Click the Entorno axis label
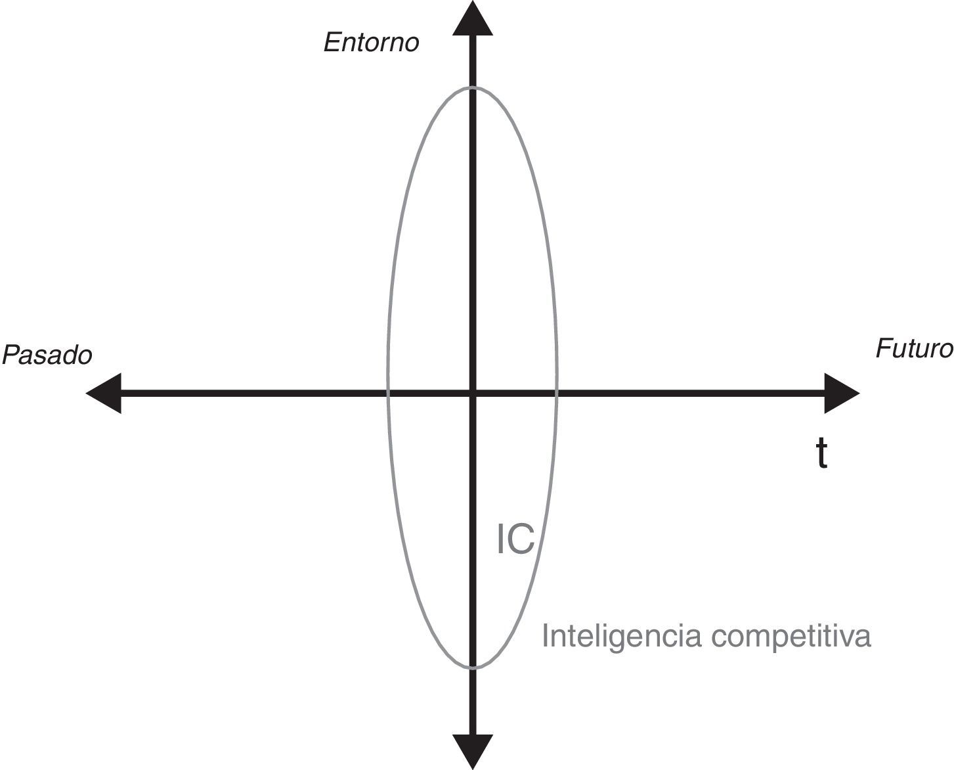371,43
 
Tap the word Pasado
47,355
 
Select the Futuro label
913,349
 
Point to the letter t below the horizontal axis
821,454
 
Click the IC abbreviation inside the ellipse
515,540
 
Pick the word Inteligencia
613,636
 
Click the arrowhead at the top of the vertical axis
473,18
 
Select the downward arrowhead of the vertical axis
473,751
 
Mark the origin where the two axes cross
473,394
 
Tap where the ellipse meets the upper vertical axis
473,87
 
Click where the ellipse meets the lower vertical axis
473,668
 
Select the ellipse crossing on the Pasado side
389,394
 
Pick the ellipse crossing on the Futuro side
557,394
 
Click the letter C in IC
522,540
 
